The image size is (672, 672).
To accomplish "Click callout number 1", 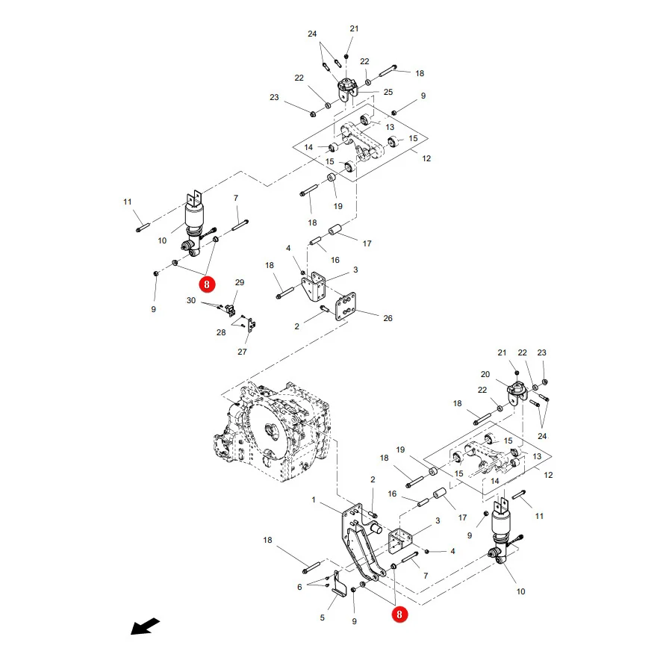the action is (x=314, y=500).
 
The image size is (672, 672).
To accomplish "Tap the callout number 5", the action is (x=323, y=617).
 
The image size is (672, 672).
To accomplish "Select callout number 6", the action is (x=299, y=587).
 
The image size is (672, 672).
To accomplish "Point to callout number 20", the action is (x=485, y=374).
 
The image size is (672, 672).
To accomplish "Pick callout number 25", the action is (x=388, y=92).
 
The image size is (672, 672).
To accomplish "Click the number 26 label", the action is (x=388, y=318).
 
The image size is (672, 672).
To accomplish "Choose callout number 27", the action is (x=242, y=352).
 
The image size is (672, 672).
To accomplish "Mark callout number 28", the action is (x=221, y=332).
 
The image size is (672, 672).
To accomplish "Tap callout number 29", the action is (x=240, y=282).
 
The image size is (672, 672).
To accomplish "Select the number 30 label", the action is (x=191, y=300).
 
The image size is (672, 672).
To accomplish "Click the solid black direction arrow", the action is (x=145, y=626).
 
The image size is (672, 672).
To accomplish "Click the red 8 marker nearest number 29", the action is (x=207, y=284).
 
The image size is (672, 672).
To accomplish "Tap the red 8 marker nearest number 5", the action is (x=399, y=615).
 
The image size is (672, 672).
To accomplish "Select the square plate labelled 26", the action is (x=346, y=306).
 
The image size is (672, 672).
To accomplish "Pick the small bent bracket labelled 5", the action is (x=339, y=583).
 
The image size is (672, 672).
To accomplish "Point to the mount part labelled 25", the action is (x=347, y=89).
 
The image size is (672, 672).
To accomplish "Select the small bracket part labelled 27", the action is (x=251, y=324).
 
